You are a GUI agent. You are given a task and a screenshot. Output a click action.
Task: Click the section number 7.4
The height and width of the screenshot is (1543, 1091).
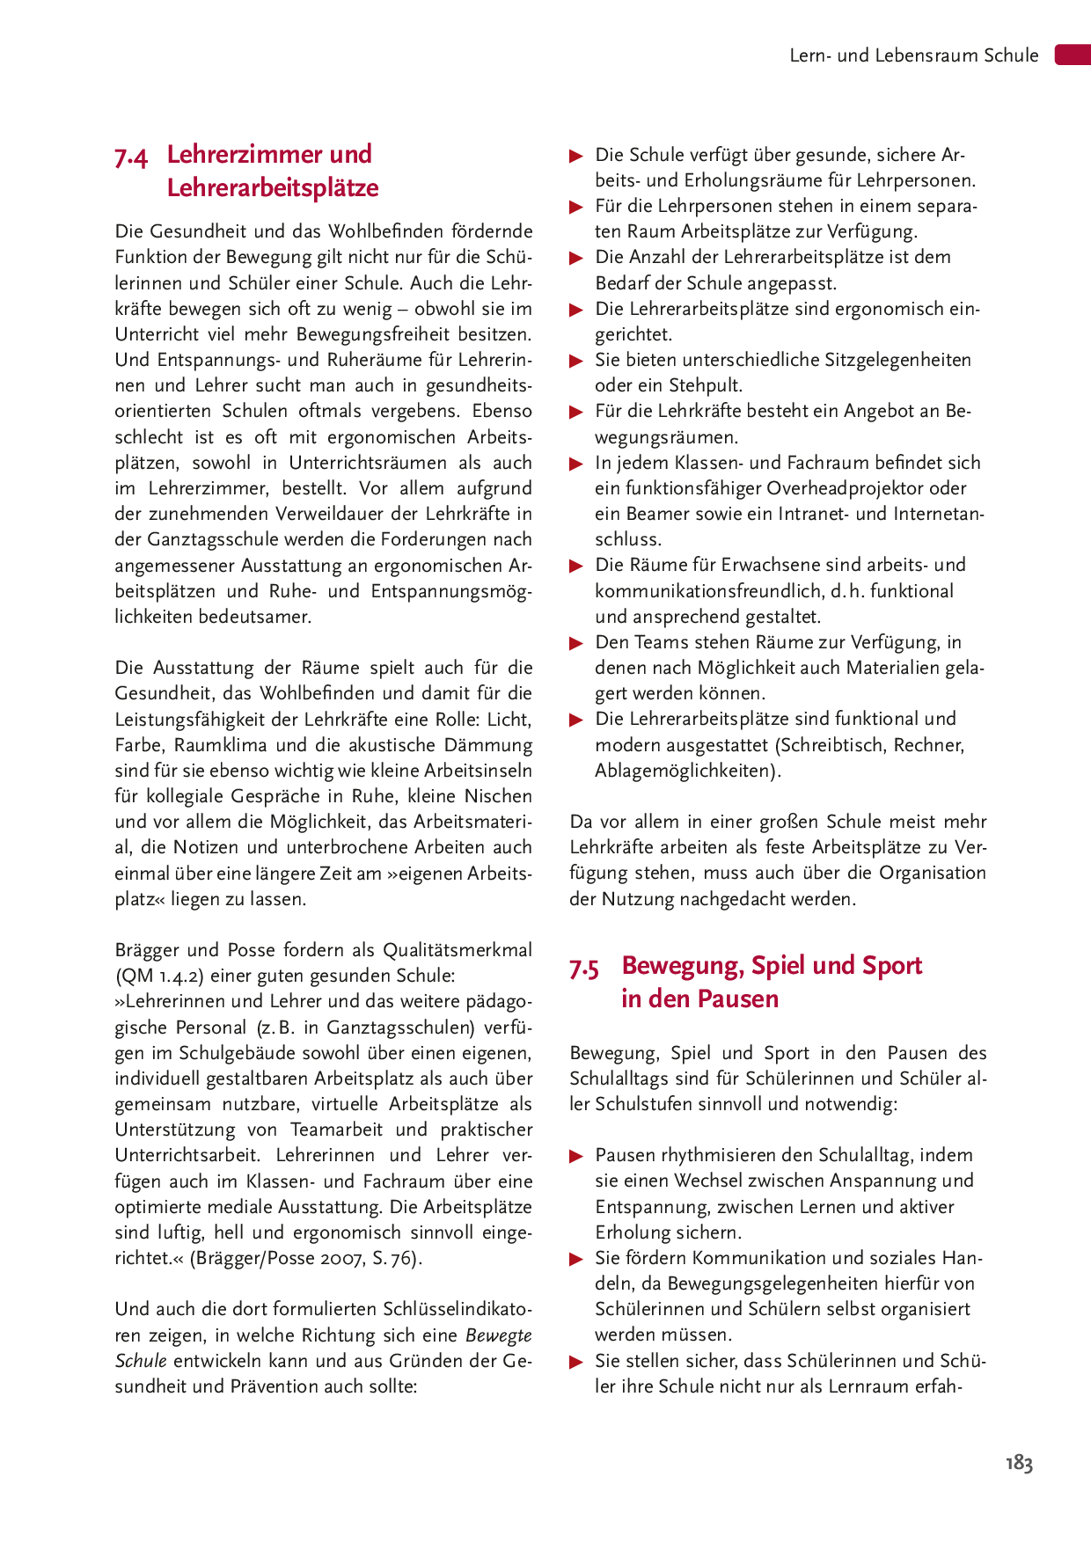click(131, 157)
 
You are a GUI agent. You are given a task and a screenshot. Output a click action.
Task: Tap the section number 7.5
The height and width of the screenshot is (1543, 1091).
click(584, 969)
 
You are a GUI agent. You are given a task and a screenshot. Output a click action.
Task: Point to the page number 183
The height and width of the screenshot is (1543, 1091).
click(1019, 1463)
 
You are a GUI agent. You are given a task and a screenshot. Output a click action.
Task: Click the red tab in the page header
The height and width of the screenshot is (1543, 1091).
click(1073, 55)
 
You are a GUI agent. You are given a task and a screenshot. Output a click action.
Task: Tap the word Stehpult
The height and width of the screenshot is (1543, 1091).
click(706, 385)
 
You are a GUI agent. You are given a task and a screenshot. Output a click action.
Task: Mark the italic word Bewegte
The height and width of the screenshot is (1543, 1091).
click(499, 1335)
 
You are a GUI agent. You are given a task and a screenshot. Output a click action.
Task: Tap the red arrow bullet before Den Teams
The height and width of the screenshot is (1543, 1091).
click(577, 643)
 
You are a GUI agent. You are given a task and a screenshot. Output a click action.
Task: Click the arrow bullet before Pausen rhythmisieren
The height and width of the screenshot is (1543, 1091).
click(577, 1156)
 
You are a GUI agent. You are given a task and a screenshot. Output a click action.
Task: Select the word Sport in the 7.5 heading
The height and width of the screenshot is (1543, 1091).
click(892, 965)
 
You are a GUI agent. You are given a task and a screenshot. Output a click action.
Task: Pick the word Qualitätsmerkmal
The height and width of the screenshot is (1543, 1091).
click(458, 950)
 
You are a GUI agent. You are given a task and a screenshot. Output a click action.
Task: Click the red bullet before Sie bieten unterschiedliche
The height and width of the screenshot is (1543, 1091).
click(577, 361)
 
